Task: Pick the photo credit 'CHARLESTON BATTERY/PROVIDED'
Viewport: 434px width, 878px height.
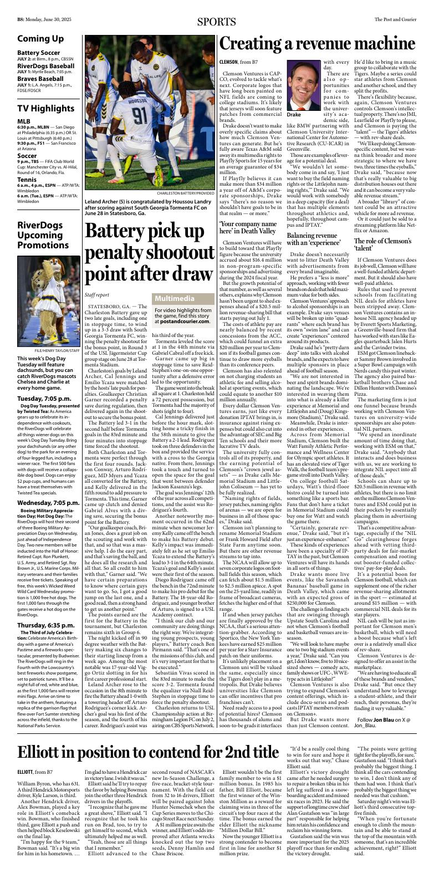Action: (186, 193)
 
